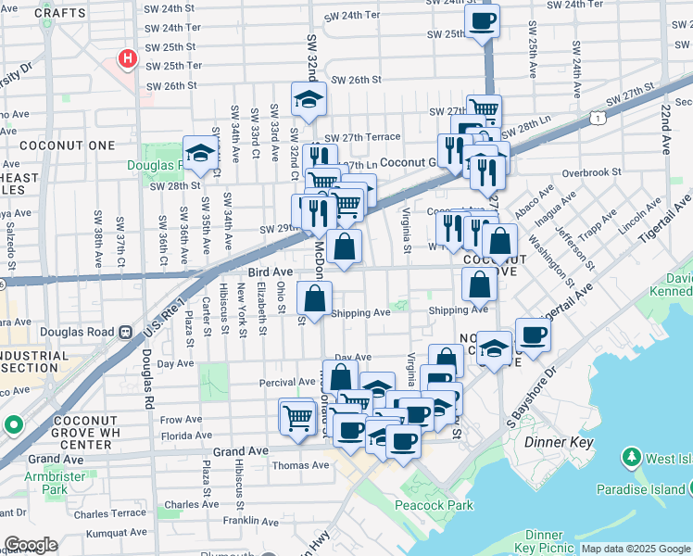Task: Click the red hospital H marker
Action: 127,59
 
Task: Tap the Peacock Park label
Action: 434,505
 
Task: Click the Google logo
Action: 30,545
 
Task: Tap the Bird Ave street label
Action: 270,272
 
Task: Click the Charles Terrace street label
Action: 110,512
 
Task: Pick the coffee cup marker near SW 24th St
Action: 483,21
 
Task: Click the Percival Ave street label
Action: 288,382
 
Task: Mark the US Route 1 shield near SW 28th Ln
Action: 600,118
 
